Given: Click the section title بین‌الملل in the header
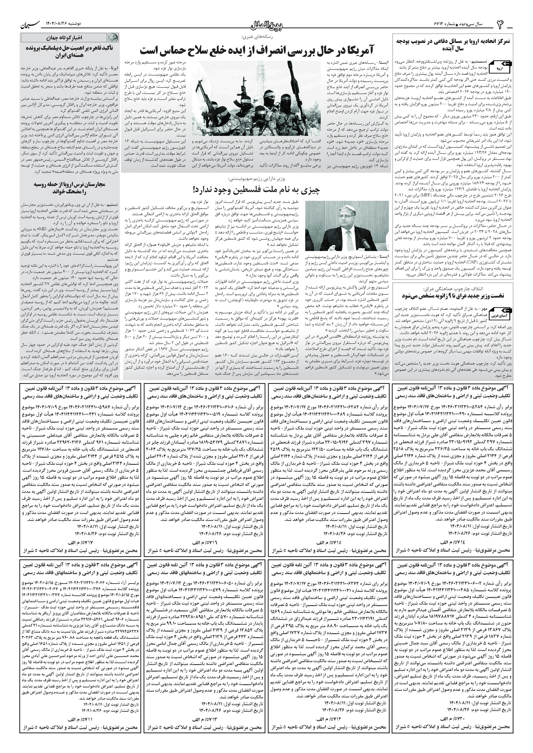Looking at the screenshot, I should [x=266, y=25].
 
